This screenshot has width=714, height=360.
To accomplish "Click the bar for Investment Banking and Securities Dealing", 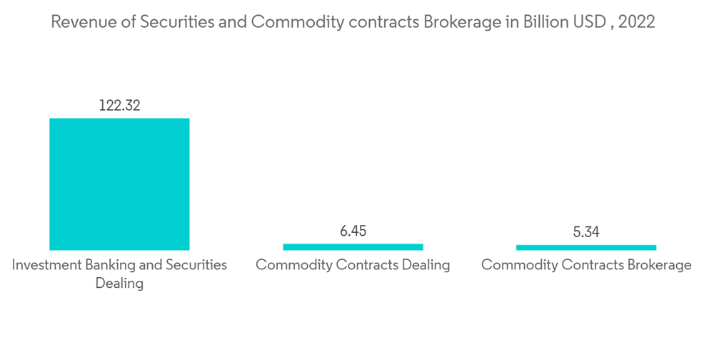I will coord(119,184).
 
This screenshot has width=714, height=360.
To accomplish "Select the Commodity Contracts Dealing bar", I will coord(353,246).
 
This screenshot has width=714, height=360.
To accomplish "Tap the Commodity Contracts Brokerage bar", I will coord(586,247).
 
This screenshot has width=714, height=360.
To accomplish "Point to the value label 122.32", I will coord(119,106).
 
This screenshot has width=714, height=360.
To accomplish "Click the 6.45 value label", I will coord(353,231).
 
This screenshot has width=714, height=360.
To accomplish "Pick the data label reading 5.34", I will coord(586,231).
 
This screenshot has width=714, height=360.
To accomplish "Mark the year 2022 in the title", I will coord(637,22).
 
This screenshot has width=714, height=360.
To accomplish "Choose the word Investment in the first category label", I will coord(45,265).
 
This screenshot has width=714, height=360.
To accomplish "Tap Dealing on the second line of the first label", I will coord(119,284).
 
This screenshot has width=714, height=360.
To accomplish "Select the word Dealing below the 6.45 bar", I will coord(424,265).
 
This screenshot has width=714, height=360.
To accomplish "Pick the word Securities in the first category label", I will coord(196,265).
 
